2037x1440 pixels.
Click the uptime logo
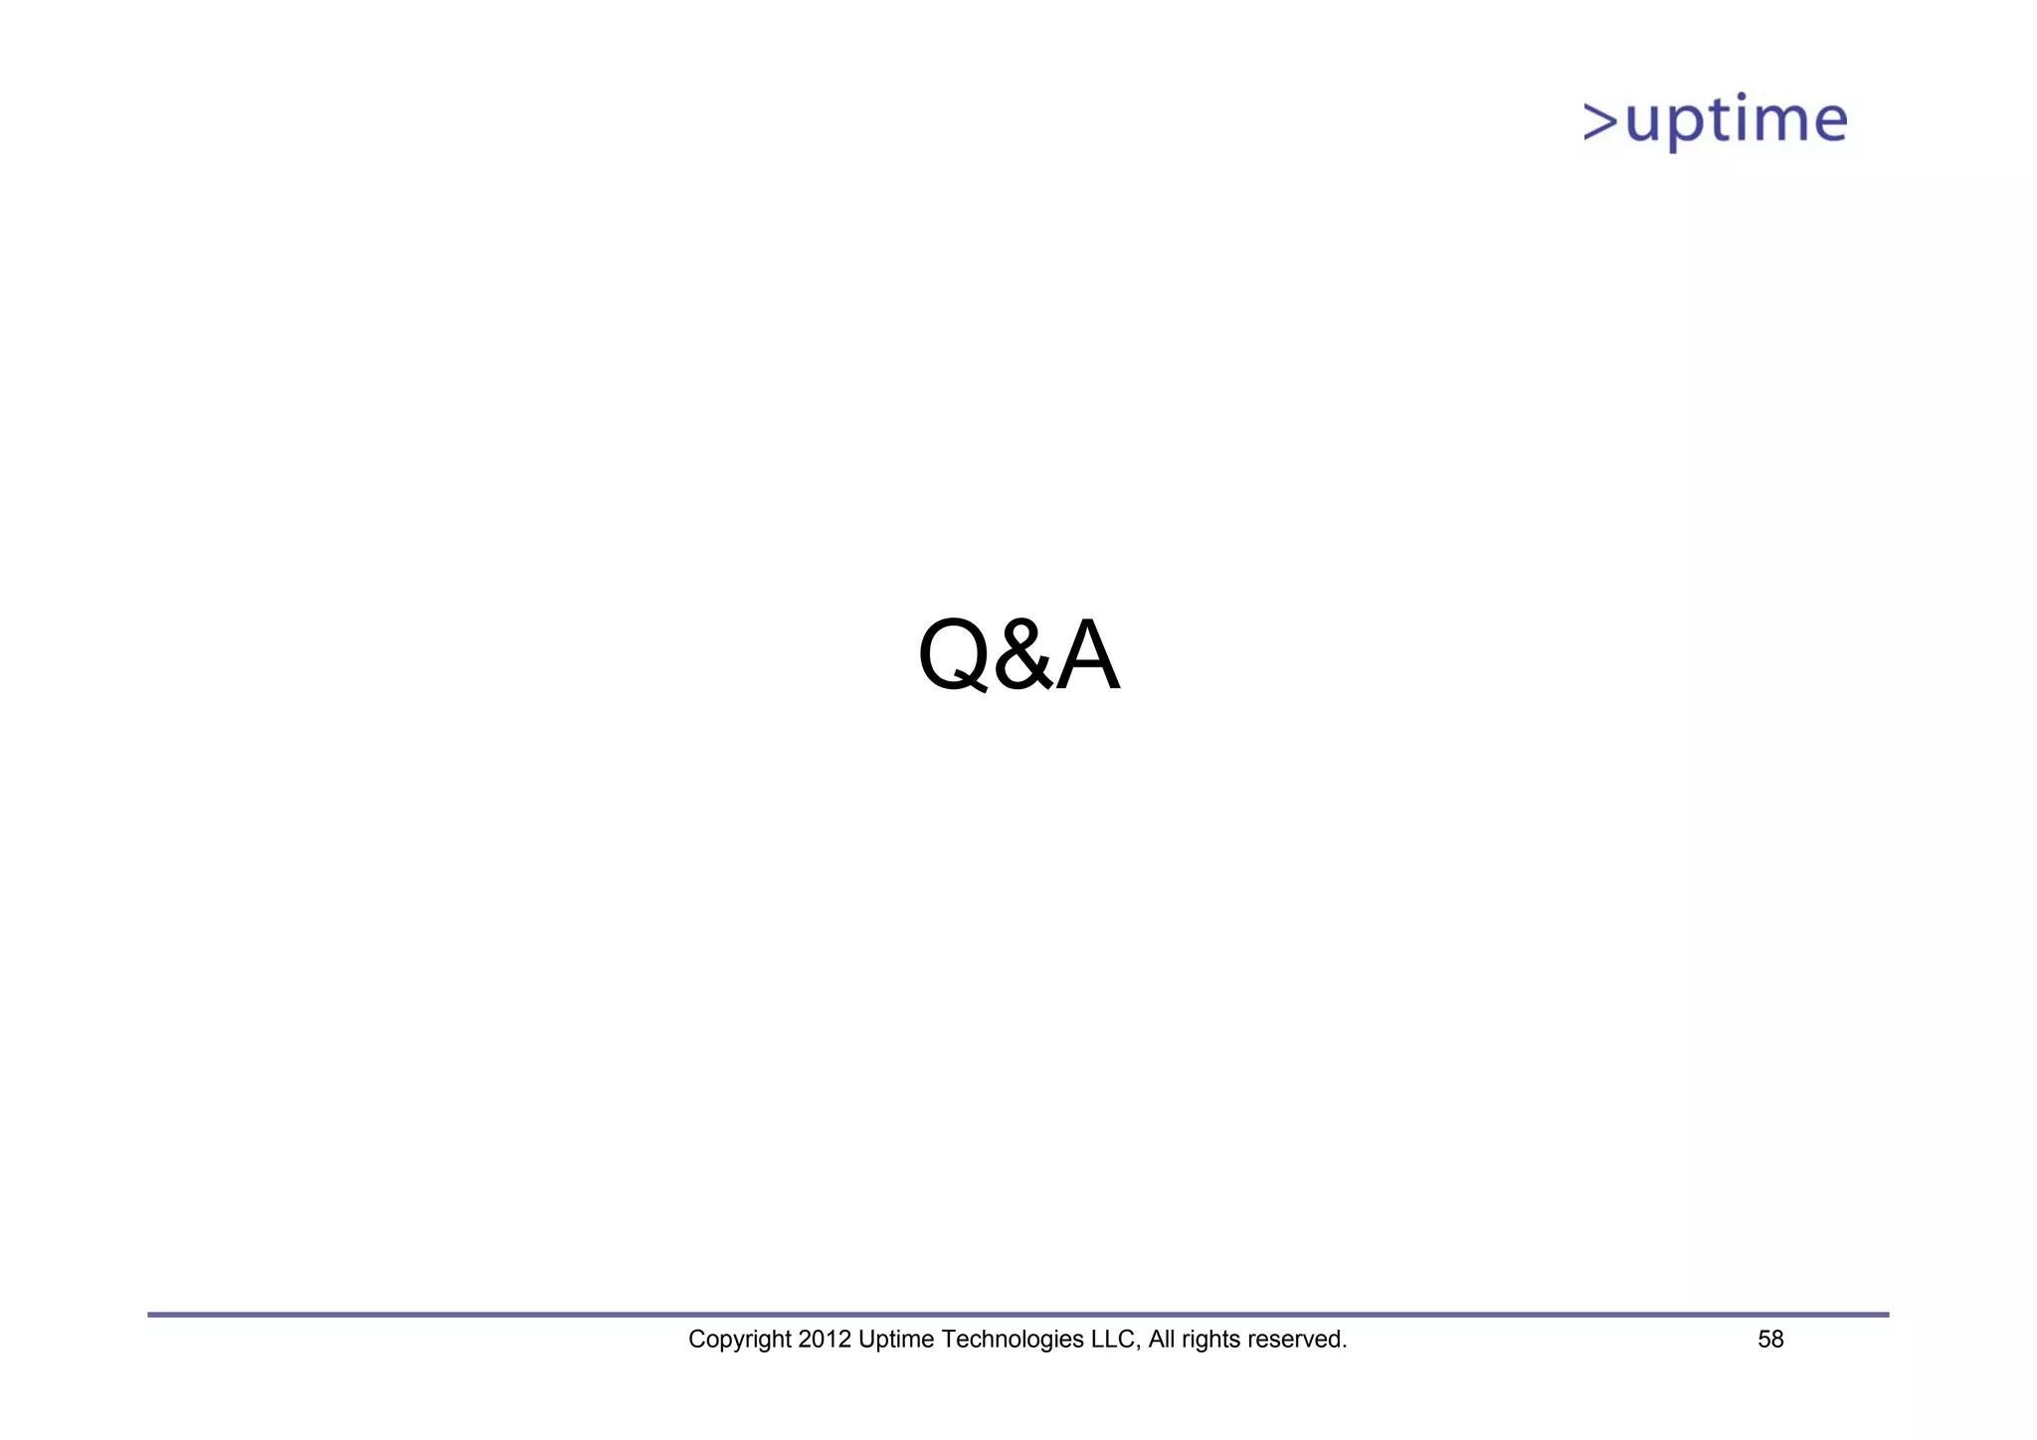click(x=1716, y=121)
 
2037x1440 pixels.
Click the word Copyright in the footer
click(x=739, y=1340)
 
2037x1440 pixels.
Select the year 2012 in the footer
click(x=824, y=1340)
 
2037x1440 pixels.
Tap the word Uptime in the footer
click(x=896, y=1340)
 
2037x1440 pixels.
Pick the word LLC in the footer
click(x=1113, y=1340)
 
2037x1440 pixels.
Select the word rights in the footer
click(x=1210, y=1340)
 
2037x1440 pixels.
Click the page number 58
click(x=1770, y=1340)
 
